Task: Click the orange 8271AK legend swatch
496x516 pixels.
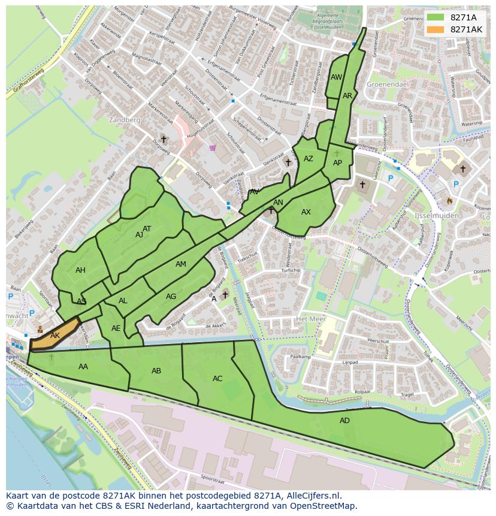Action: [x=435, y=29]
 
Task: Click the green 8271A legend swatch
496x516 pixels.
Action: [x=435, y=17]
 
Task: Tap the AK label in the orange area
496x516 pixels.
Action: [x=55, y=336]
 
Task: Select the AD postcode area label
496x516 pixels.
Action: [x=344, y=421]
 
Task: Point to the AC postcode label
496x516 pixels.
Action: [x=217, y=379]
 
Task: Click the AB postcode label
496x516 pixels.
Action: [x=156, y=371]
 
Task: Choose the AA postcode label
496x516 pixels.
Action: [x=83, y=367]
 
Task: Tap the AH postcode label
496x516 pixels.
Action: [x=80, y=270]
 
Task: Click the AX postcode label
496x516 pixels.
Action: [x=306, y=212]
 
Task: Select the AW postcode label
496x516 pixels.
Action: [x=336, y=77]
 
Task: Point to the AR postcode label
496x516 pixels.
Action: [x=347, y=96]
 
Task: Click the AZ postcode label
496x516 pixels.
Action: [x=309, y=159]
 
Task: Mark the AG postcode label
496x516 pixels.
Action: [x=171, y=297]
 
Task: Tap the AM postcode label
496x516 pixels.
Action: [x=181, y=264]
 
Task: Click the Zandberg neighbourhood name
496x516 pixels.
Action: [x=125, y=120]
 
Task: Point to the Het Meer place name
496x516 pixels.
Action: [x=310, y=319]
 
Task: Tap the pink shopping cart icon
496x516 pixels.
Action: [x=212, y=147]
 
